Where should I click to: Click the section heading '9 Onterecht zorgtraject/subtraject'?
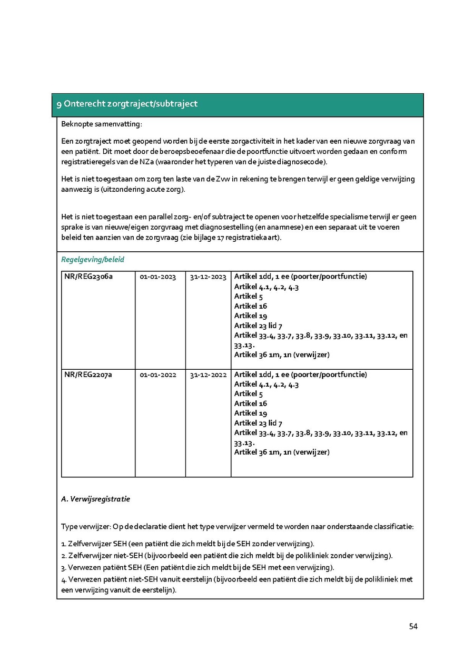click(127, 104)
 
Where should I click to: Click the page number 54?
click(413, 626)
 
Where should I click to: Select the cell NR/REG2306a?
click(88, 277)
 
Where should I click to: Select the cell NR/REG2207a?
click(88, 375)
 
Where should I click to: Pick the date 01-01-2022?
click(158, 375)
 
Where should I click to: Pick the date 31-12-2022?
click(208, 375)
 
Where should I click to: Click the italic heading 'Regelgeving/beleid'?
click(93, 260)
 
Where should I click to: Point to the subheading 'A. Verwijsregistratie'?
click(95, 499)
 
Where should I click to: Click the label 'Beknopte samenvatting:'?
click(102, 124)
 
